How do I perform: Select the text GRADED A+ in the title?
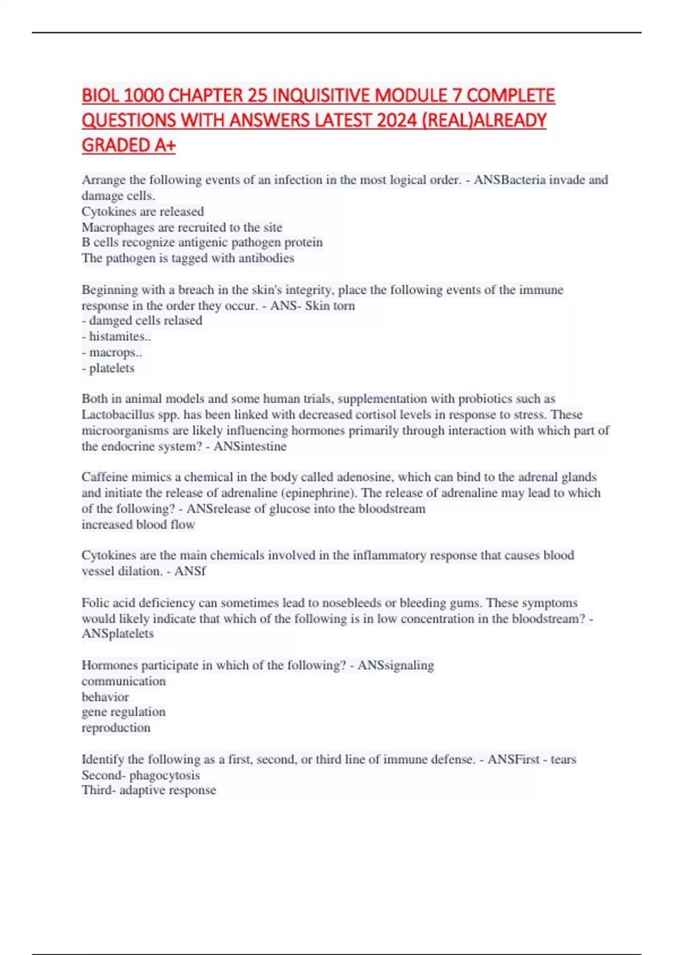pos(129,145)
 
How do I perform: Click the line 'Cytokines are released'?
pos(143,212)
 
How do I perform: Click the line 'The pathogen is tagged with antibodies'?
pos(188,258)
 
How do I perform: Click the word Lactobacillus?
pos(117,415)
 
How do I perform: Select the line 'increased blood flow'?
pos(138,525)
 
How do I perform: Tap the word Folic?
pos(96,603)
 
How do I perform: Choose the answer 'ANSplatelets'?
pos(117,634)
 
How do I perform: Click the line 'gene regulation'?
pos(124,712)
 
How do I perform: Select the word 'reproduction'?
pos(116,728)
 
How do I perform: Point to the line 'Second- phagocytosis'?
pos(140,775)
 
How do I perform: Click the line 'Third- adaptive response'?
pos(149,790)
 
